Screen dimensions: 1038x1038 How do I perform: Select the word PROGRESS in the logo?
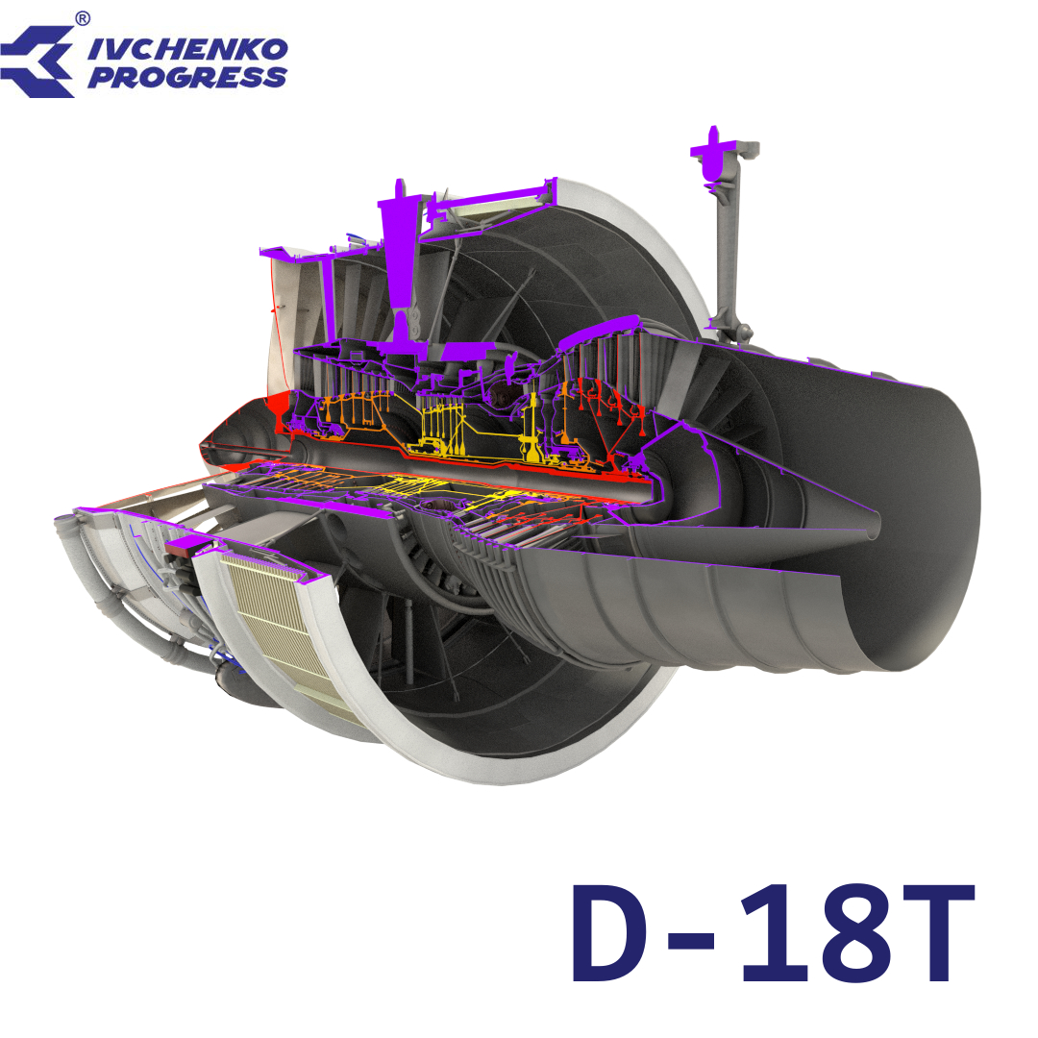click(186, 78)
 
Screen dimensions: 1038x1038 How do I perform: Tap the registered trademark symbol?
click(83, 17)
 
